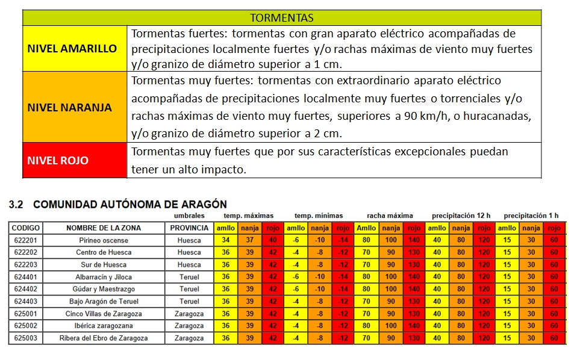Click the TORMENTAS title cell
point(282,17)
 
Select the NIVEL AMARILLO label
point(72,49)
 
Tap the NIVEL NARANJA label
point(70,108)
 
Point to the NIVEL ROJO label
point(58,160)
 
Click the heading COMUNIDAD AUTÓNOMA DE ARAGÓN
point(130,205)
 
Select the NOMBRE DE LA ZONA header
point(104,228)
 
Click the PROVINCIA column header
point(189,228)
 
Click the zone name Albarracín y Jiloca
point(104,277)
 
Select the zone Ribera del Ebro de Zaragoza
point(104,338)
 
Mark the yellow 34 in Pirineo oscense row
point(226,240)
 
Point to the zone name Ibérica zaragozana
point(104,326)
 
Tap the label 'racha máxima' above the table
point(390,216)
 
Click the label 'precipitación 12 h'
point(461,216)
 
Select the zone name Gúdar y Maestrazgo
point(104,289)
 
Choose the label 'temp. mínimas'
point(319,216)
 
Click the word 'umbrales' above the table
point(189,216)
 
